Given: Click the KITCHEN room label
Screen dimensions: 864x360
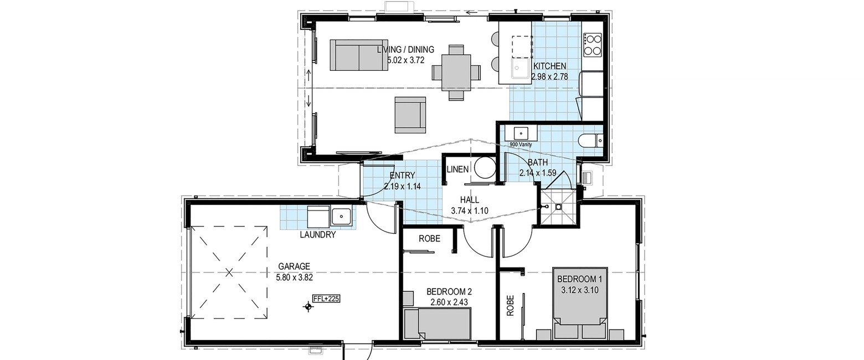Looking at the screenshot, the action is pos(549,66).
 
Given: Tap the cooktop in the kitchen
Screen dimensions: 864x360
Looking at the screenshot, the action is pos(593,45).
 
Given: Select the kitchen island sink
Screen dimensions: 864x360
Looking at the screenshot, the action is pos(521,69).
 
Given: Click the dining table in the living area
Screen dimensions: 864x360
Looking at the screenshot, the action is pos(456,72).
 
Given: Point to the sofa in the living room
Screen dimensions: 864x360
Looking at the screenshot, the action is pos(359,55).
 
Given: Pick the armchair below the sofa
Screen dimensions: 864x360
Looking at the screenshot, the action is pos(410,115).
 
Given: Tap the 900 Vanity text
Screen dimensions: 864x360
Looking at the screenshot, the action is pos(521,145).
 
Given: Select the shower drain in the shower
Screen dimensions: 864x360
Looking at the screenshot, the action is pos(558,207).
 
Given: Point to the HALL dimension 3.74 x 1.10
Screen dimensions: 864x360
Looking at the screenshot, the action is pos(470,210).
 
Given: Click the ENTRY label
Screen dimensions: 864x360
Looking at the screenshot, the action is pos(402,176).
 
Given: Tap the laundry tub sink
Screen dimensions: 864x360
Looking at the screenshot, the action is pos(341,217).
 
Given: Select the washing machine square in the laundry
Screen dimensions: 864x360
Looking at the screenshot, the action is pos(318,217).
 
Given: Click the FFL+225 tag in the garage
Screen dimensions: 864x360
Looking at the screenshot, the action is pos(326,299).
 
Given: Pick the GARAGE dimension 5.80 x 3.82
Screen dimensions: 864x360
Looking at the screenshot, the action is pos(294,277).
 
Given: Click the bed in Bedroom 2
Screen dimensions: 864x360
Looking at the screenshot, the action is pos(438,324).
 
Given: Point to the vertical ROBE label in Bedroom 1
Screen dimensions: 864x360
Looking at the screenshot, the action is pos(510,306).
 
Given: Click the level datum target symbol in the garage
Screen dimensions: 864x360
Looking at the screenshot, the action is pos(308,307).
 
